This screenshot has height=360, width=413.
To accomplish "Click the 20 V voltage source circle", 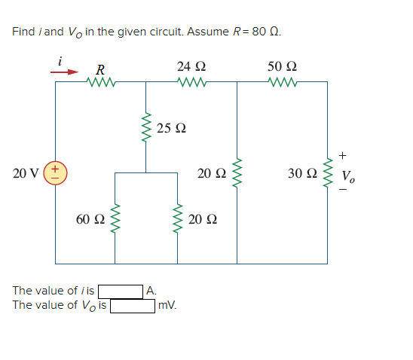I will [x=57, y=173].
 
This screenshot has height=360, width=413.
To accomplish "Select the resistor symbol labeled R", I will [x=99, y=82].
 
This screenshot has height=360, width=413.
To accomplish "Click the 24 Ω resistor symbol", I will [x=187, y=82].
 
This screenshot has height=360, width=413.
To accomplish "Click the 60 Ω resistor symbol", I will [x=115, y=218].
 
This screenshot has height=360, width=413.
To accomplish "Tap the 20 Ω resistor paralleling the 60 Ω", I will [x=179, y=218].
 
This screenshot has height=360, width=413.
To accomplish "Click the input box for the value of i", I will [x=121, y=291].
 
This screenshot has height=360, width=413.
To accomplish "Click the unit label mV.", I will [x=167, y=306].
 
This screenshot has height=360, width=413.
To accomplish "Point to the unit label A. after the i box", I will [x=152, y=291].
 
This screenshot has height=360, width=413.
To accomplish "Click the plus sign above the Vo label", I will [x=342, y=156].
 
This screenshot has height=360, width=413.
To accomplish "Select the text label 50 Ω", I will [x=283, y=66].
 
